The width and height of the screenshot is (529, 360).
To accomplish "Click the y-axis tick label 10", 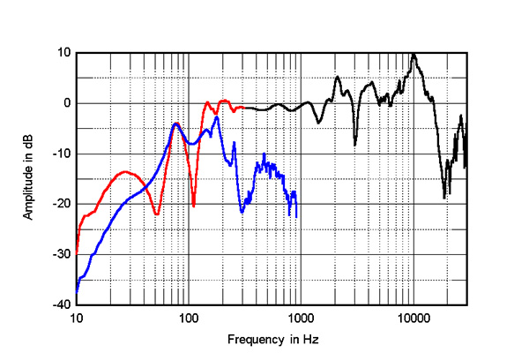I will tap(63, 52).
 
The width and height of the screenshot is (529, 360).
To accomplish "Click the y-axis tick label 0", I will tap(66, 103).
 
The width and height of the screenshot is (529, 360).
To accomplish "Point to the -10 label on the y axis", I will tap(62, 154).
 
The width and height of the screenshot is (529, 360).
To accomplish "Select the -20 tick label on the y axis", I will tap(62, 204).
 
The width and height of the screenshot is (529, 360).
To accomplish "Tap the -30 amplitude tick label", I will tap(62, 254).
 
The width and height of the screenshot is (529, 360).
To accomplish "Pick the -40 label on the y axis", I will tap(62, 304).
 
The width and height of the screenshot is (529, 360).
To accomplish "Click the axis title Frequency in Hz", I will tap(271, 340).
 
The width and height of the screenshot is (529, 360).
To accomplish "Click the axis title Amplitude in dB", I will tap(29, 178).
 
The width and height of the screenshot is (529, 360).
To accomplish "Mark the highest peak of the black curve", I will tap(414, 55).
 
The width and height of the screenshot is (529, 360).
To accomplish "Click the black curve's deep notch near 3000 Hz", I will tap(354, 144).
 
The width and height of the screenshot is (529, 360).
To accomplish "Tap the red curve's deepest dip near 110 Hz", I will tap(194, 206).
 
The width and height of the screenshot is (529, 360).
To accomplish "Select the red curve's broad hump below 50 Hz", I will tap(125, 172).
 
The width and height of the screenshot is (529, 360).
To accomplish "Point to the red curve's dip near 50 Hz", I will tap(156, 214).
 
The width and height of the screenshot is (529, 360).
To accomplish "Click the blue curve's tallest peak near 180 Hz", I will tap(216, 117).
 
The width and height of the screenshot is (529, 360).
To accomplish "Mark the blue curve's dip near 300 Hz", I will tap(242, 212).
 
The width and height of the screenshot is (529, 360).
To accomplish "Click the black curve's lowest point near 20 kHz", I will tap(444, 198).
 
